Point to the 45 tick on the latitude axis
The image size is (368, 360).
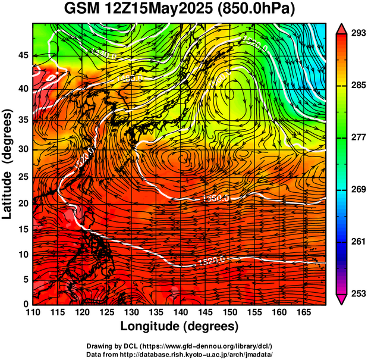point(24,55)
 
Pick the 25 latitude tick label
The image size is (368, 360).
point(24,177)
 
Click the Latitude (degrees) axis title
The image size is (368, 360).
point(8,164)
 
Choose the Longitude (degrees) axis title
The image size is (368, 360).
point(180,327)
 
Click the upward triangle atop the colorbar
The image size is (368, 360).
point(342,28)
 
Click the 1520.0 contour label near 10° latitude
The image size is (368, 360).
point(212,259)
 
